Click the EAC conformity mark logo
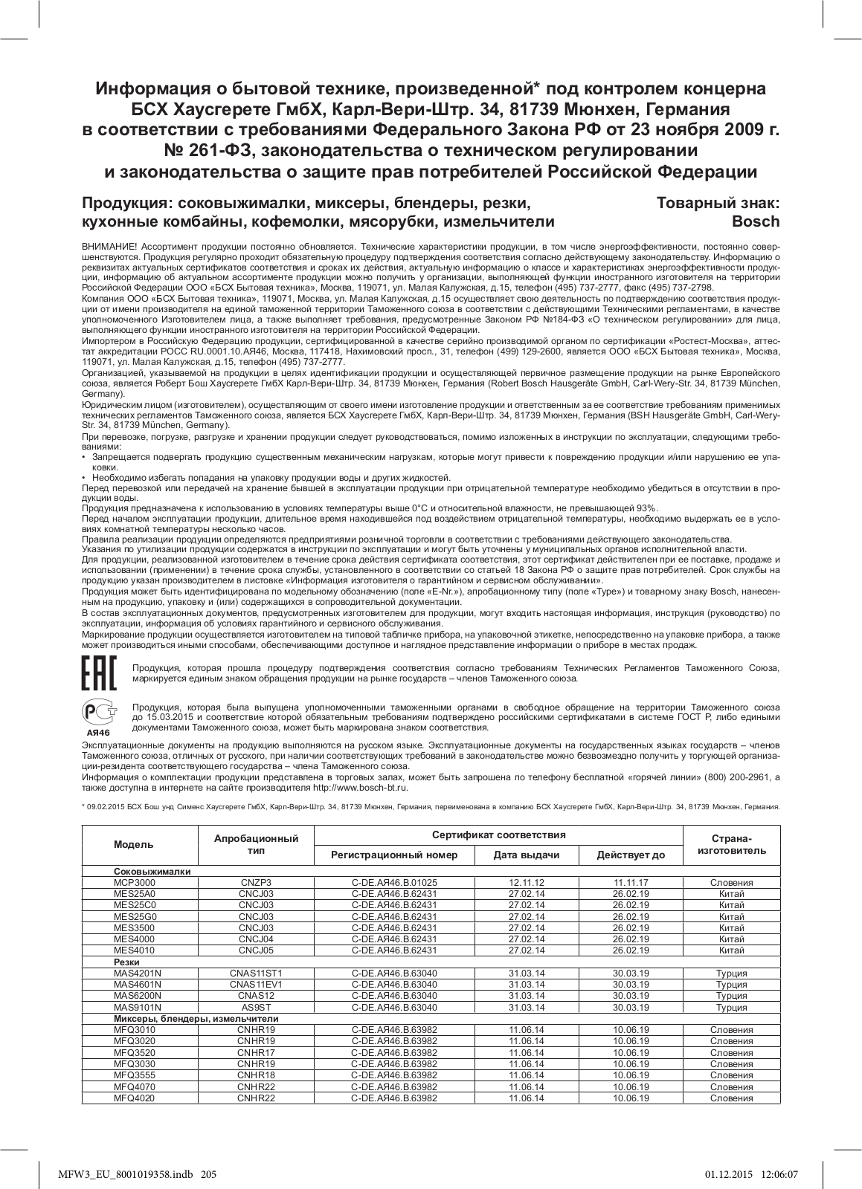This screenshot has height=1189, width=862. (97, 673)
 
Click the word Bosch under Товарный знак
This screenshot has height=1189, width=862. (756, 221)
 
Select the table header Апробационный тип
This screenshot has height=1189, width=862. (256, 844)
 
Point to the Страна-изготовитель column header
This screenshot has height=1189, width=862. (732, 844)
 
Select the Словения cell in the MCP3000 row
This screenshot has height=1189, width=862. (732, 882)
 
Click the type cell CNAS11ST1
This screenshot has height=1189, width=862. (256, 973)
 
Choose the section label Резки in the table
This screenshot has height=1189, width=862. (127, 962)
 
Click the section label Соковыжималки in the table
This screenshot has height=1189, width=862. (152, 871)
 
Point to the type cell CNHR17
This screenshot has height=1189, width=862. (256, 1052)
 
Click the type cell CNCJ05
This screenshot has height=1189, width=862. (256, 950)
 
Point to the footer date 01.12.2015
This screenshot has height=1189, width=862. (728, 1174)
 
